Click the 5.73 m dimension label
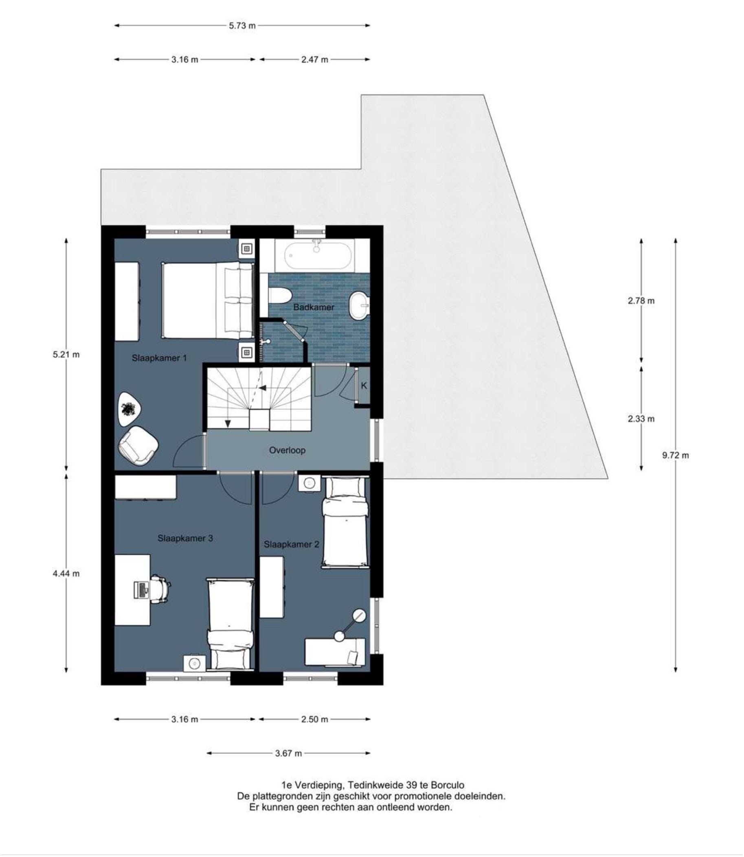pyautogui.click(x=242, y=26)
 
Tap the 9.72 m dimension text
pyautogui.click(x=675, y=455)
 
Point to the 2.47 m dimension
pyautogui.click(x=314, y=59)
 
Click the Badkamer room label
pyautogui.click(x=314, y=307)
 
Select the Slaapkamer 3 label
pyautogui.click(x=185, y=538)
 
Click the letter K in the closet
pyautogui.click(x=364, y=386)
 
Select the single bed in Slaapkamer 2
pyautogui.click(x=345, y=522)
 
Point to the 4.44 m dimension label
pyautogui.click(x=66, y=574)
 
